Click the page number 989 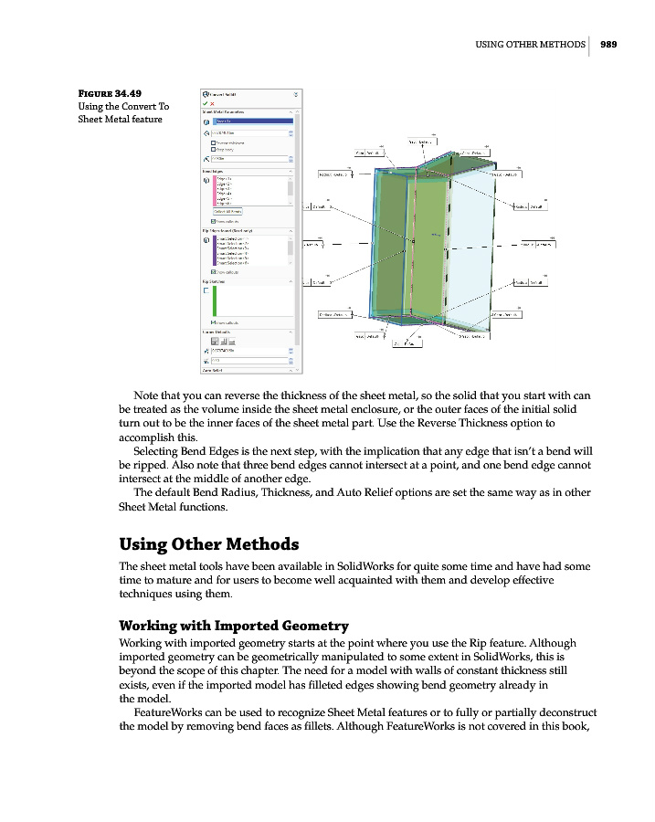coord(608,43)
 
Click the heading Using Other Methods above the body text coord(208,544)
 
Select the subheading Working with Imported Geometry coord(233,626)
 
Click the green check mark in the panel coord(205,103)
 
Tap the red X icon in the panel coord(213,103)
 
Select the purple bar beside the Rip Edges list coord(214,251)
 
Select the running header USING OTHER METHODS coord(530,43)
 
